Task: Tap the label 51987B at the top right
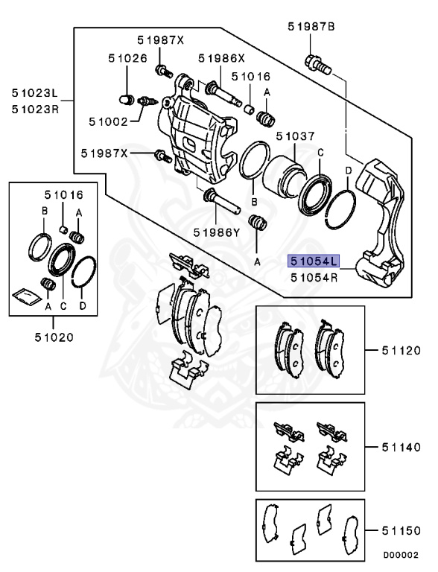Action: (311, 27)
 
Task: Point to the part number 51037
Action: (295, 136)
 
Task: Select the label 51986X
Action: (221, 57)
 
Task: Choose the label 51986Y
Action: (216, 232)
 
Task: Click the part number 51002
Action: (109, 121)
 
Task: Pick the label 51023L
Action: (34, 94)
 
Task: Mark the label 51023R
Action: (34, 108)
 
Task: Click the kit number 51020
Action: (53, 336)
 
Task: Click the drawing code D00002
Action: (401, 554)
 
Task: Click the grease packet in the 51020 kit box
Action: (25, 296)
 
